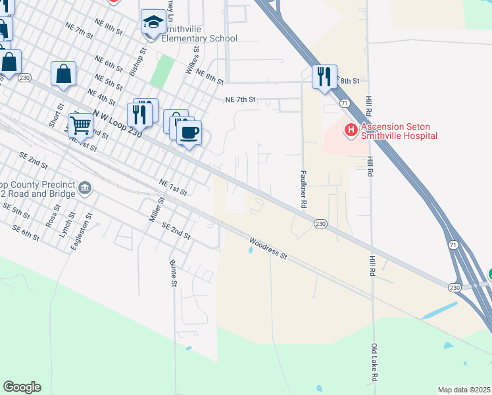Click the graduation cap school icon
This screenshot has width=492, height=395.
point(153,22)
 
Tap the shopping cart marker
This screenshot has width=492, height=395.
point(80,124)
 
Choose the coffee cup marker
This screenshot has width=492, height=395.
point(189,132)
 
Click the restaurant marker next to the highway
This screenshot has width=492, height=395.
point(324,76)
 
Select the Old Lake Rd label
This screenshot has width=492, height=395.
point(374,362)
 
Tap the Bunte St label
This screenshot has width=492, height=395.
point(174,273)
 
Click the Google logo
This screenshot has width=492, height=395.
point(22,387)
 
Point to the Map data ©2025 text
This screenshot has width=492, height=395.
point(463,390)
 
